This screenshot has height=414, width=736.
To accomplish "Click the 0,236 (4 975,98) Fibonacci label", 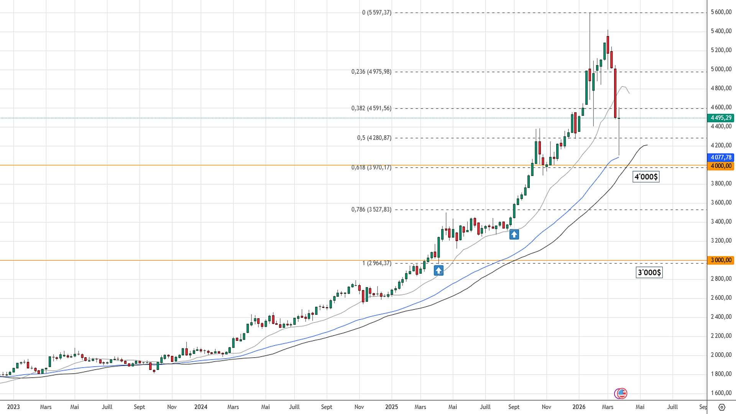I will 371,72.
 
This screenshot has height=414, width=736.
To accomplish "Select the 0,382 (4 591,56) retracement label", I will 371,108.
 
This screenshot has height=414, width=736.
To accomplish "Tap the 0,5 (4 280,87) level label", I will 374,138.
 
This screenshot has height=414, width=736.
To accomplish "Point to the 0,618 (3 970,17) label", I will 371,168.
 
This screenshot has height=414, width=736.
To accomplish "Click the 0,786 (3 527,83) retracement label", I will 371,210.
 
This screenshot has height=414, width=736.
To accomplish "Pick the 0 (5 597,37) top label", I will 376,13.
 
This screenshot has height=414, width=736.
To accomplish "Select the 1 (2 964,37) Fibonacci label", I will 377,263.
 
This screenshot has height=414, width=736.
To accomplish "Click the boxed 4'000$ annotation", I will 646,177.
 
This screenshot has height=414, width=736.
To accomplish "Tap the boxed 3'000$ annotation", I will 649,273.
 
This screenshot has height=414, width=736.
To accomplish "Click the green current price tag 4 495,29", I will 721,118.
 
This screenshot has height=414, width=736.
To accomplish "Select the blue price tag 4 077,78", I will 721,157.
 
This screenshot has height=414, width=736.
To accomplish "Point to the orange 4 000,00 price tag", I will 721,166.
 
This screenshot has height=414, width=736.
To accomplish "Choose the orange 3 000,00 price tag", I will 721,260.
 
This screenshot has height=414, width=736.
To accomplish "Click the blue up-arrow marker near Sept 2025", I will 514,234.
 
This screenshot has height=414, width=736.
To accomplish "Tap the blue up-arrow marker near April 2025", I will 439,271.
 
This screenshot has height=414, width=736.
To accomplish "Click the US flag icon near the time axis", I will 621,393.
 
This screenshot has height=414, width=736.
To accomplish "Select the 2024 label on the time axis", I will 200,407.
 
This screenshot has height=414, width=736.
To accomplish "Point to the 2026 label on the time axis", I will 579,407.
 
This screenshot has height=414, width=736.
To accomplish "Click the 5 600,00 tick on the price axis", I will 721,12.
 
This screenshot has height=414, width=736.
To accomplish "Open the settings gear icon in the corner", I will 721,407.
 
